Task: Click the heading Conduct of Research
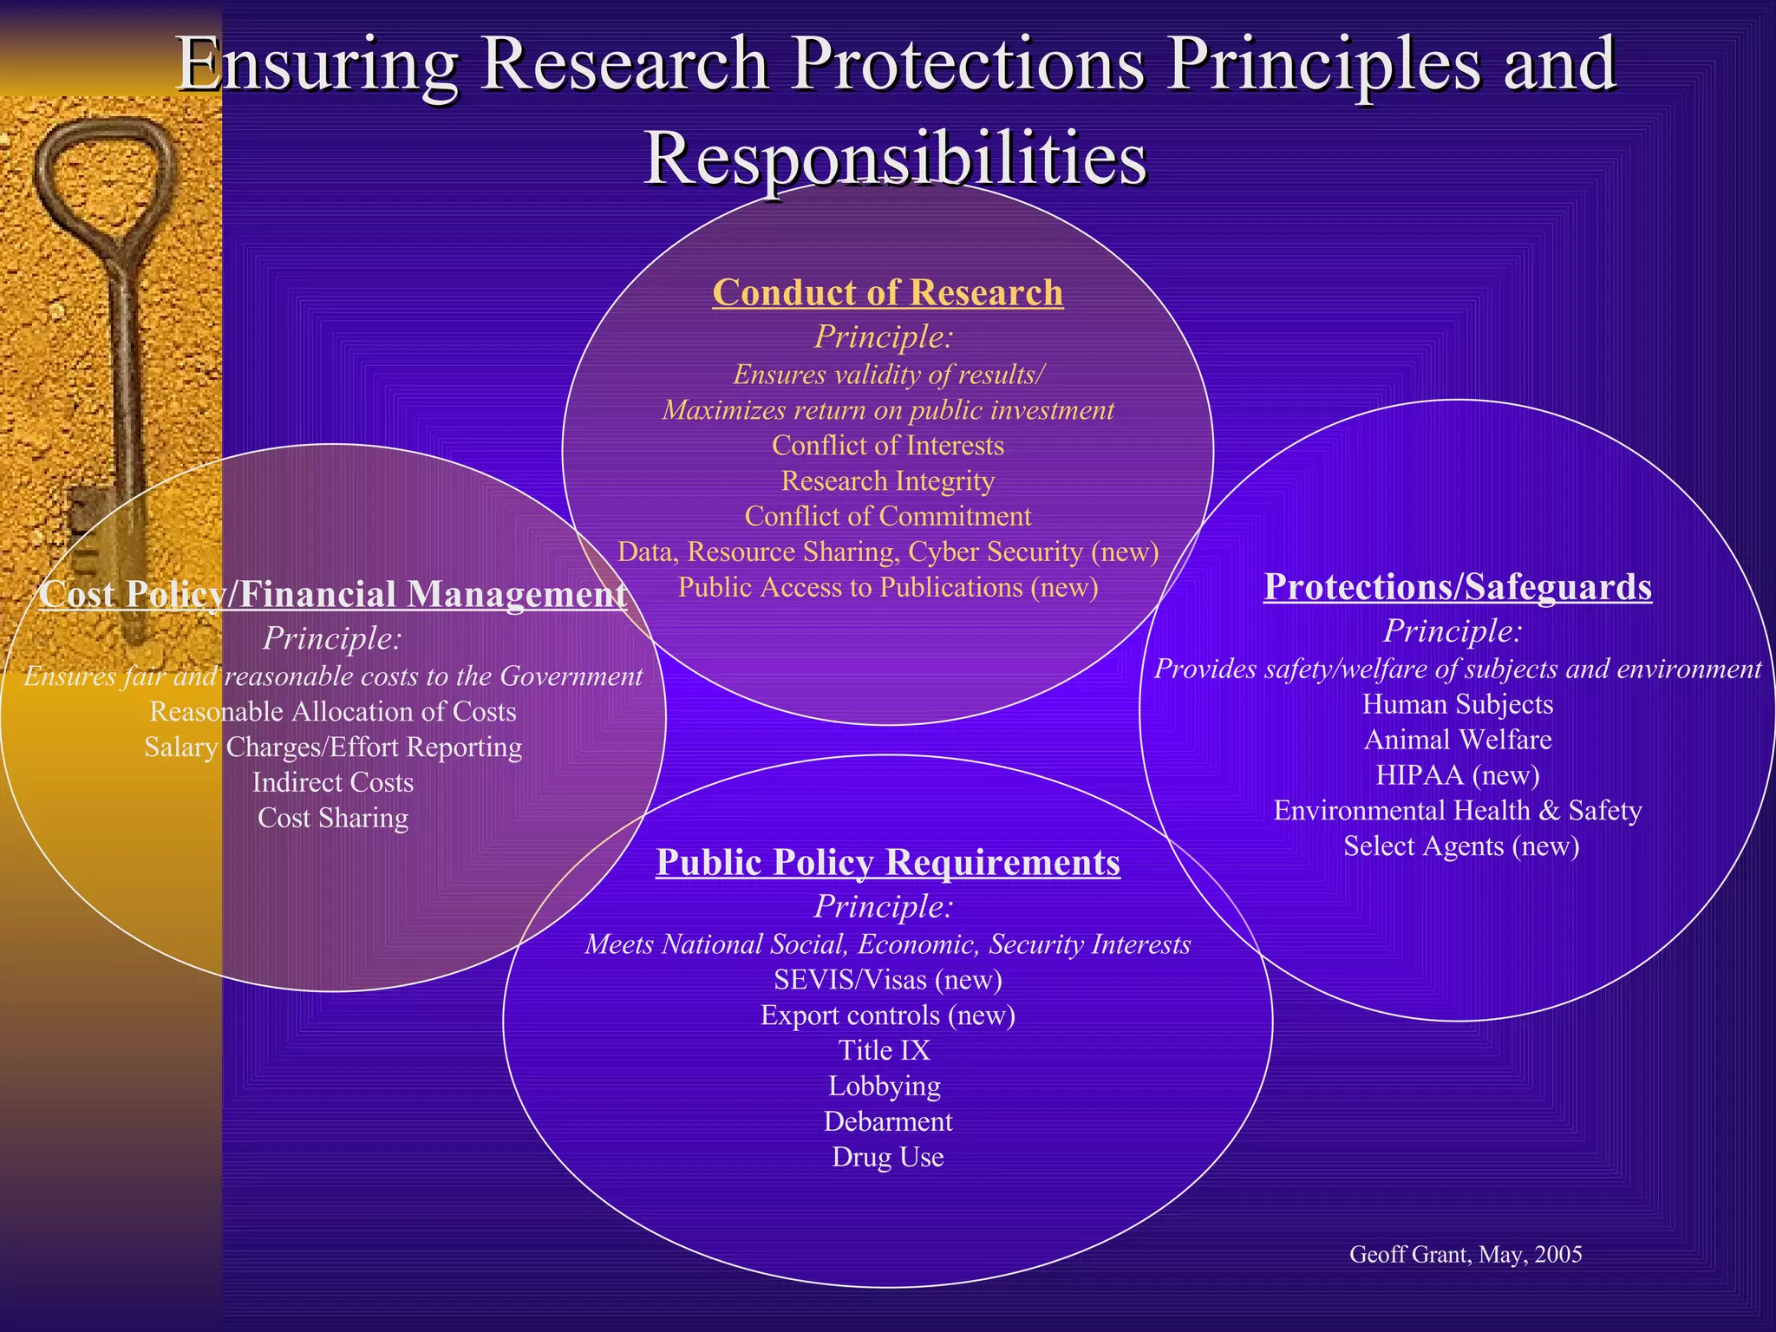887,293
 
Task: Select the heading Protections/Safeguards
1457,587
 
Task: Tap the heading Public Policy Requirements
887,862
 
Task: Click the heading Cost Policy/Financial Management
333,594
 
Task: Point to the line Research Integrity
887,480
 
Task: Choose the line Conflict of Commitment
887,516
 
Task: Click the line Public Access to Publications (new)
887,587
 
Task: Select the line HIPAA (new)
1457,774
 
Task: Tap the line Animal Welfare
1457,740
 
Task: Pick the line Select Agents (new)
1461,846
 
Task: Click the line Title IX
884,1050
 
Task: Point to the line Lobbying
884,1086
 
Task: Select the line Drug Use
887,1157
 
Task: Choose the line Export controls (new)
887,1015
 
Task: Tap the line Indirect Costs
333,782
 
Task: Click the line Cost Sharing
333,818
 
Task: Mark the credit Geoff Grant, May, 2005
1466,1254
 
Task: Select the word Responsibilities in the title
895,159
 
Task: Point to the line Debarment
887,1121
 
